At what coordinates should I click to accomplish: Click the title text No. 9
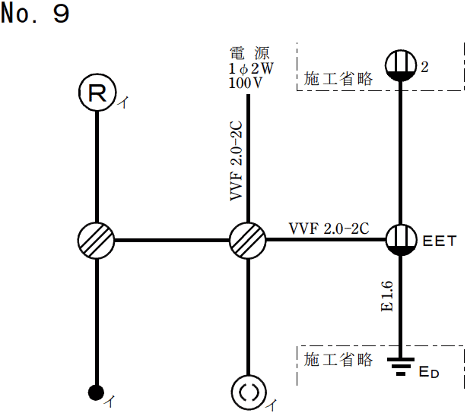tap(36, 14)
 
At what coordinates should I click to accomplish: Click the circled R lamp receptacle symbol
tap(97, 93)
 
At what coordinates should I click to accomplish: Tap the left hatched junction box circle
tap(97, 241)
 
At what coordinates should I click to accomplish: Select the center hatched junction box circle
tap(248, 241)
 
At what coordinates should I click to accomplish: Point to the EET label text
tap(440, 242)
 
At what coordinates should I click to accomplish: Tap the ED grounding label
tap(429, 372)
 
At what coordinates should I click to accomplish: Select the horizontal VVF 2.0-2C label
tap(329, 228)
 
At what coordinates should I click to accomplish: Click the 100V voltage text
tap(245, 82)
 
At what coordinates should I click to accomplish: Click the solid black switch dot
tap(96, 393)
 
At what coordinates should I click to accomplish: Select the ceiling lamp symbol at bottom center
tap(248, 393)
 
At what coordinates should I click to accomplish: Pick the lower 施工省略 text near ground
tap(338, 359)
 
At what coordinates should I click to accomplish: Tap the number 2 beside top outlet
tap(424, 67)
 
